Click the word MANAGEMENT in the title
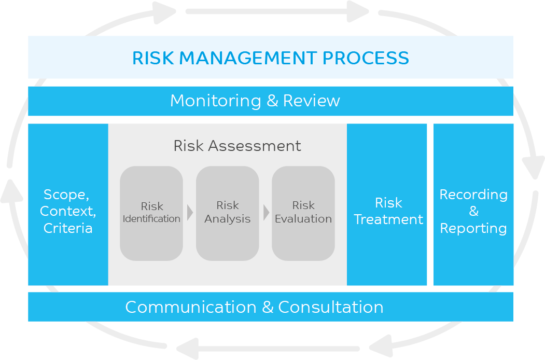click(x=248, y=58)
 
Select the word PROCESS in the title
click(x=366, y=58)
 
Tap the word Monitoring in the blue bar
click(x=216, y=101)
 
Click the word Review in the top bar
click(x=312, y=101)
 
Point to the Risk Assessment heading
click(x=237, y=146)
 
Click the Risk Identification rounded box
click(x=151, y=213)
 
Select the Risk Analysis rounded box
click(x=227, y=213)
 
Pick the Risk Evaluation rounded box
click(x=303, y=213)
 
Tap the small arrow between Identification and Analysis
click(x=190, y=213)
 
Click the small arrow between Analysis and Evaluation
click(x=266, y=213)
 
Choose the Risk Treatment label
click(x=388, y=211)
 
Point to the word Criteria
click(x=68, y=228)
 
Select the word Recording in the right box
click(x=473, y=195)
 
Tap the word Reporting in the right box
click(x=473, y=229)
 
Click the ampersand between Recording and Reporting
click(x=474, y=211)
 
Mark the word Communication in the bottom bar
click(x=191, y=307)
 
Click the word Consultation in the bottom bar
click(x=330, y=307)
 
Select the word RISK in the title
click(x=153, y=58)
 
